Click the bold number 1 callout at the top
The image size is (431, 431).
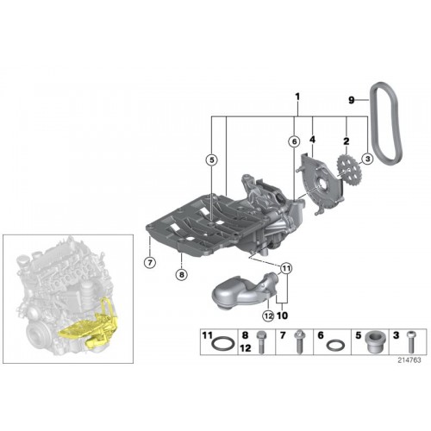click(297, 97)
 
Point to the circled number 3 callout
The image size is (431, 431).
click(367, 159)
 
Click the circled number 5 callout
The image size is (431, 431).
click(212, 160)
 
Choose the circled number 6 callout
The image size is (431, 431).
click(294, 141)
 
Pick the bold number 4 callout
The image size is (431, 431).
click(313, 140)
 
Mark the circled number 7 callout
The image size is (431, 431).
click(150, 262)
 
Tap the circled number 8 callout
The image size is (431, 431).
click(181, 275)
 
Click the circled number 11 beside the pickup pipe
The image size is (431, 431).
click(285, 269)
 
